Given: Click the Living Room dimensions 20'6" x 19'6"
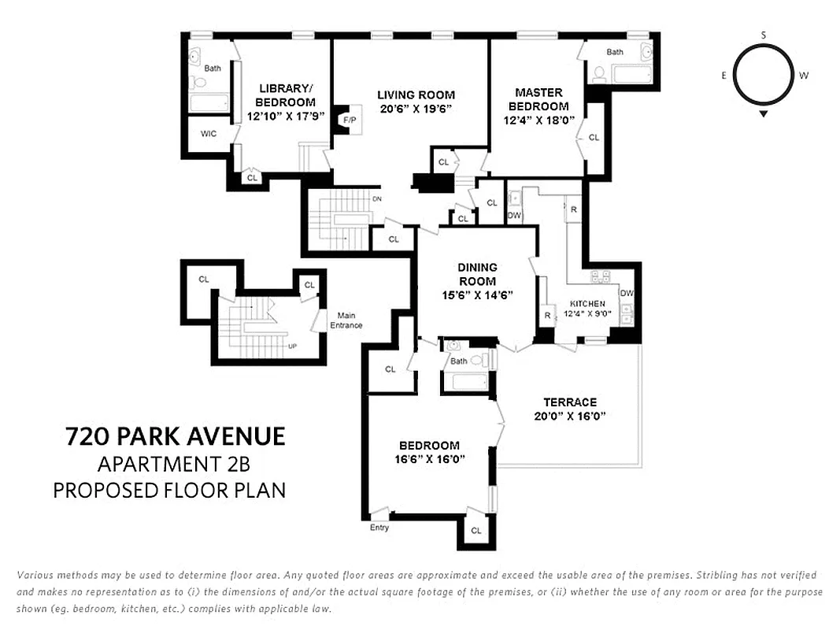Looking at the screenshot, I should click(x=416, y=108).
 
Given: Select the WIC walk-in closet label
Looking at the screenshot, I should click(x=208, y=134).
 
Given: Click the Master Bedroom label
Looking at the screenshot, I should click(x=538, y=99).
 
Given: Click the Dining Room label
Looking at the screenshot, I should click(x=477, y=274).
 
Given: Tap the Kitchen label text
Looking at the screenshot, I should click(x=587, y=303).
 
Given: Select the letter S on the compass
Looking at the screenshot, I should click(x=764, y=35).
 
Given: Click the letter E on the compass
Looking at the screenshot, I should click(x=723, y=76).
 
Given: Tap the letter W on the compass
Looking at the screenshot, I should click(x=803, y=76).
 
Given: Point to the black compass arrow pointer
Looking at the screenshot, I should click(x=764, y=113).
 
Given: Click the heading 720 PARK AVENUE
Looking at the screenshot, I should click(x=174, y=435).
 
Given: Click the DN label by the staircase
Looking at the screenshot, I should click(x=376, y=198).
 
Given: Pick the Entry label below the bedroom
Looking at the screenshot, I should click(x=379, y=528).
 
